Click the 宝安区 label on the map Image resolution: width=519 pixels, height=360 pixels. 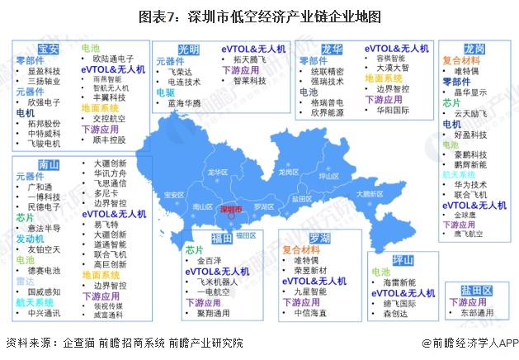(174, 195)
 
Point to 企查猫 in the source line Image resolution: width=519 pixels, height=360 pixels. (78, 343)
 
